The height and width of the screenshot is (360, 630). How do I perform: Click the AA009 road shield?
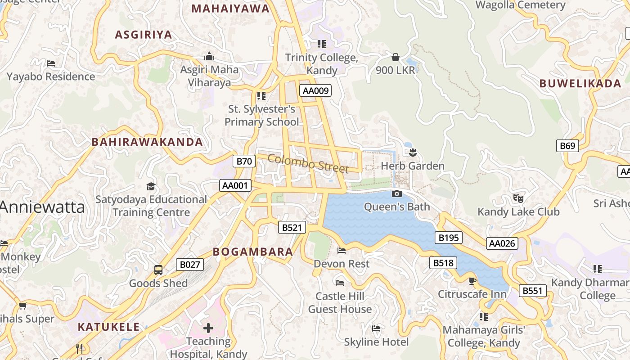coord(316,90)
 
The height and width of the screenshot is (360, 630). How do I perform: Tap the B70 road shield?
coord(244,161)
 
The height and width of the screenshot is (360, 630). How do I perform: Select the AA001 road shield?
coord(235,185)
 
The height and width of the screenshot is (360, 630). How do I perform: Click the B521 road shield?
coord(292,227)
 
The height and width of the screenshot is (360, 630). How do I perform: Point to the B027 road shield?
coord(189,265)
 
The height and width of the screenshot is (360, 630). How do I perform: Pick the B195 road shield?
coord(448,238)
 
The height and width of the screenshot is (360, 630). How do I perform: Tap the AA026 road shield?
coord(502,243)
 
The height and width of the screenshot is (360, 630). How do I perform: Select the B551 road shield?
coord(532,291)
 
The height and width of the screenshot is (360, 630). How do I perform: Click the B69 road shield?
coord(567,145)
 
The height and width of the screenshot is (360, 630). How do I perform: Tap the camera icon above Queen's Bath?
coord(396,193)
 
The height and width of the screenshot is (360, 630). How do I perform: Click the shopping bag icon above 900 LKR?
coord(395,57)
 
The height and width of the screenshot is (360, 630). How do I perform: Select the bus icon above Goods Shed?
coord(158,270)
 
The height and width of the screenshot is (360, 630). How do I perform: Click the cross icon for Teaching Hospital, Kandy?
coord(208,328)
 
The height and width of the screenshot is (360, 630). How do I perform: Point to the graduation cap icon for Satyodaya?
coord(151,186)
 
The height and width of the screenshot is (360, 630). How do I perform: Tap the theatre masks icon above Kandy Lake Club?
coord(518,198)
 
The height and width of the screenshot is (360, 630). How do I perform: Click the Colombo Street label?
coord(308,163)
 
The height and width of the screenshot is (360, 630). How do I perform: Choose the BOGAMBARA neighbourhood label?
coord(253,252)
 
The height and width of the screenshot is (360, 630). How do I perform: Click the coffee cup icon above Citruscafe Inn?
coord(472,281)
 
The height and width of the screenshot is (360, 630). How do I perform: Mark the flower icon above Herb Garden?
coord(413,153)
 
